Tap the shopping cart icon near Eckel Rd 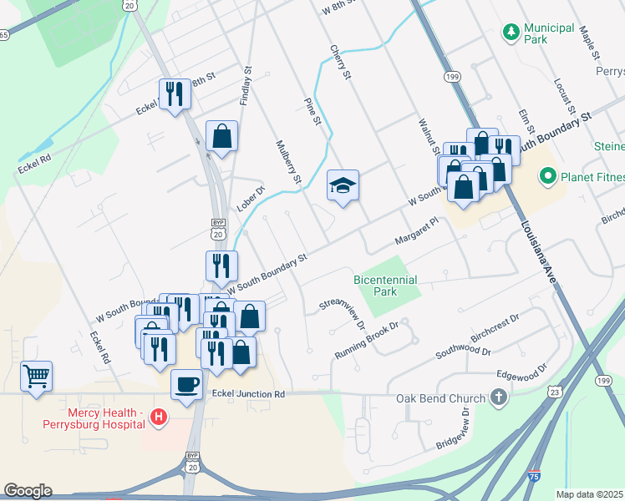click(36, 375)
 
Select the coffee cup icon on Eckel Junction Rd click(186, 384)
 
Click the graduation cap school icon click(343, 185)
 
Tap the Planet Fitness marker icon click(548, 175)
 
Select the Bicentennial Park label click(385, 286)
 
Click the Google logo click(28, 491)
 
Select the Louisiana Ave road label click(538, 254)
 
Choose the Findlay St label click(245, 86)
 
